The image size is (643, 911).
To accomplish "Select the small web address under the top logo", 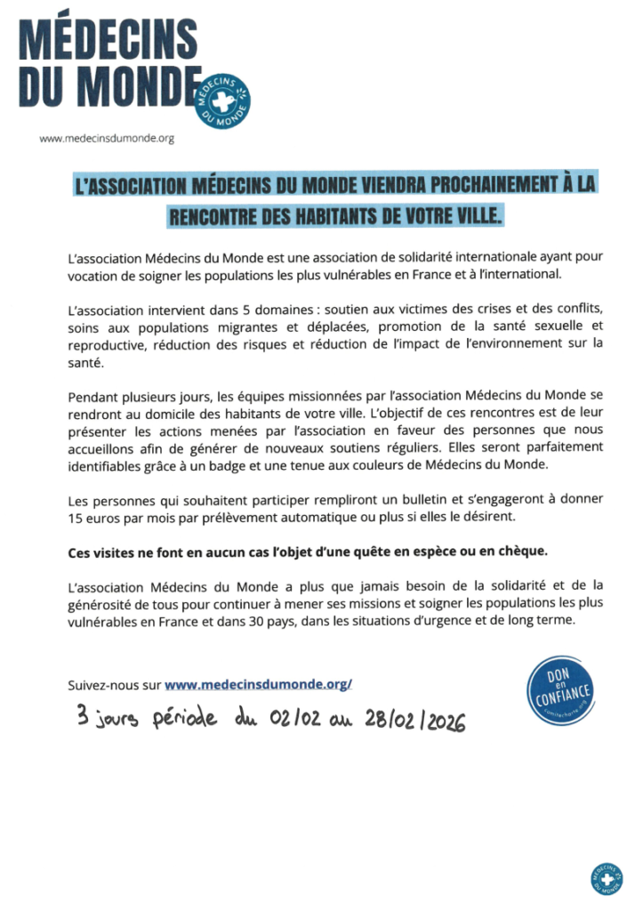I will tap(106, 138).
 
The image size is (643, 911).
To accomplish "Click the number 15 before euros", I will tap(75, 516).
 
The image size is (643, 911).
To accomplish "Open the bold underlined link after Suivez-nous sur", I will tap(259, 684).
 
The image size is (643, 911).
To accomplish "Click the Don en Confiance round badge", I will tap(559, 690).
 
